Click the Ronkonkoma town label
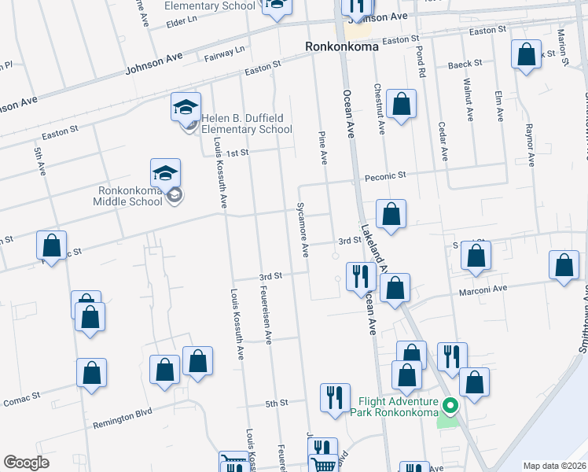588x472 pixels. coord(342,46)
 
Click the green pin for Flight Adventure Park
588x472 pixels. coord(450,407)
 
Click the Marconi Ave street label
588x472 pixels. coord(489,289)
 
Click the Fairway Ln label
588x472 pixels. coord(225,53)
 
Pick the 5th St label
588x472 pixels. coord(277,403)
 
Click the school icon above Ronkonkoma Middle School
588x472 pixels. coord(166,171)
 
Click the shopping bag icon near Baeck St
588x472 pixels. coord(526,53)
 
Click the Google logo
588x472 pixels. coord(27,463)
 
